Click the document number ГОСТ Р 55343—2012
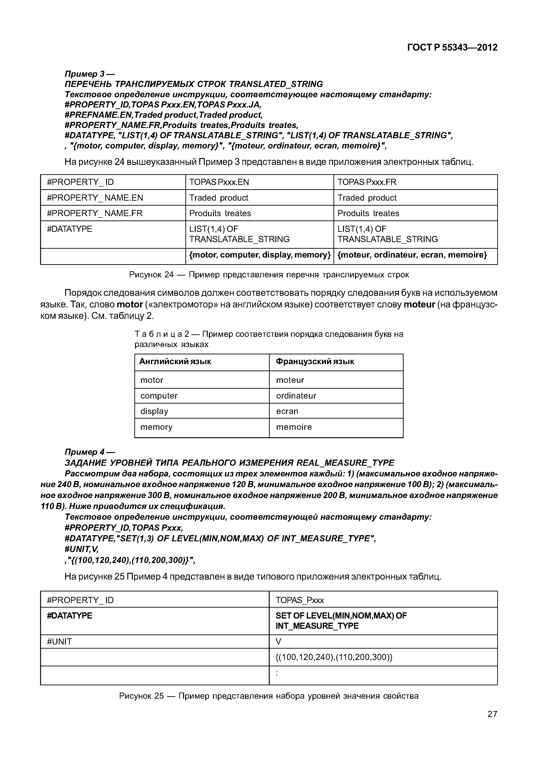(x=452, y=48)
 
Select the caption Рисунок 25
(x=269, y=696)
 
